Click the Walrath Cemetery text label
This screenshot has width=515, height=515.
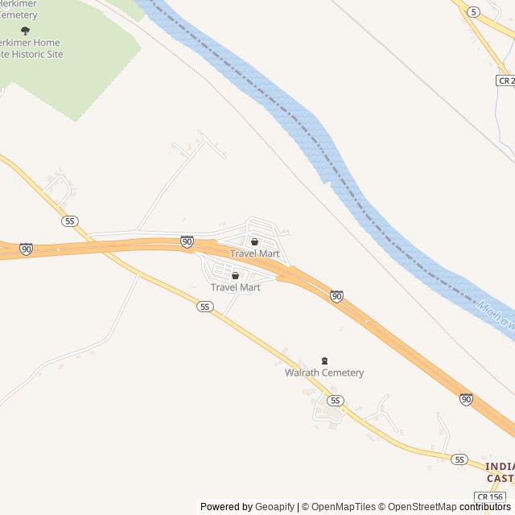pos(324,373)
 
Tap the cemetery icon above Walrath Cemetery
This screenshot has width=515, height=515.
pos(325,360)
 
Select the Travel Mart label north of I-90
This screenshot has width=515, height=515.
pos(255,253)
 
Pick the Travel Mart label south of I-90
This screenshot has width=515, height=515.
pos(236,287)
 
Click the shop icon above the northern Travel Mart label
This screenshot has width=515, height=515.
pos(255,241)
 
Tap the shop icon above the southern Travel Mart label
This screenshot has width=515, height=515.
pos(236,276)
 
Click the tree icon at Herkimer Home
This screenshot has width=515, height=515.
pos(25,31)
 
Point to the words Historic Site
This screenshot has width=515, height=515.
pos(35,54)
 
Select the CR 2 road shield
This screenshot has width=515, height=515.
pos(505,80)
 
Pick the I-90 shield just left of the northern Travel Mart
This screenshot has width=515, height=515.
pos(187,241)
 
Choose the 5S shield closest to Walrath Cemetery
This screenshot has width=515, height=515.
pos(336,400)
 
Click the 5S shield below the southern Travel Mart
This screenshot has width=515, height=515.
pos(205,307)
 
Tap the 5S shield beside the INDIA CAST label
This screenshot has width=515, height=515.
pos(459,459)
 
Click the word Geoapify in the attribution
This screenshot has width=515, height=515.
pos(275,507)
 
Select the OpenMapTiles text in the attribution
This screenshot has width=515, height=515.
pos(344,507)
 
